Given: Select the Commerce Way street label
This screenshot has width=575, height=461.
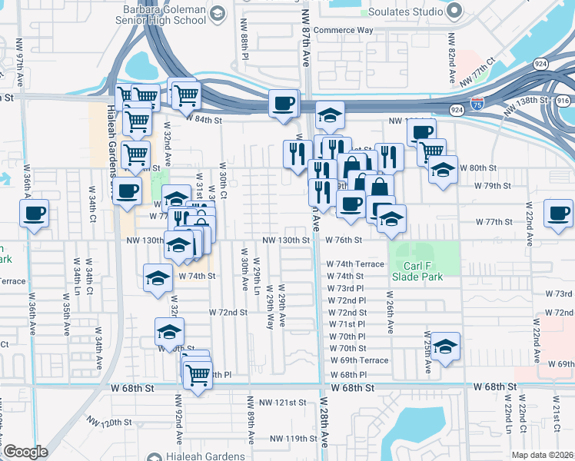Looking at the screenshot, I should click(344, 30).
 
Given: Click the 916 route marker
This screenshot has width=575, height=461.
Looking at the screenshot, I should click(563, 101).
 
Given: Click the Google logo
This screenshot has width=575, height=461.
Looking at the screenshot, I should click(25, 452).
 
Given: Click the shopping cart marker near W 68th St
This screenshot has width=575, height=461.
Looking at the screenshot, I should click(198, 375).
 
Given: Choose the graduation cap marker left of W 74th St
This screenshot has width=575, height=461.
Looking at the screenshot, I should click(158, 277).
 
